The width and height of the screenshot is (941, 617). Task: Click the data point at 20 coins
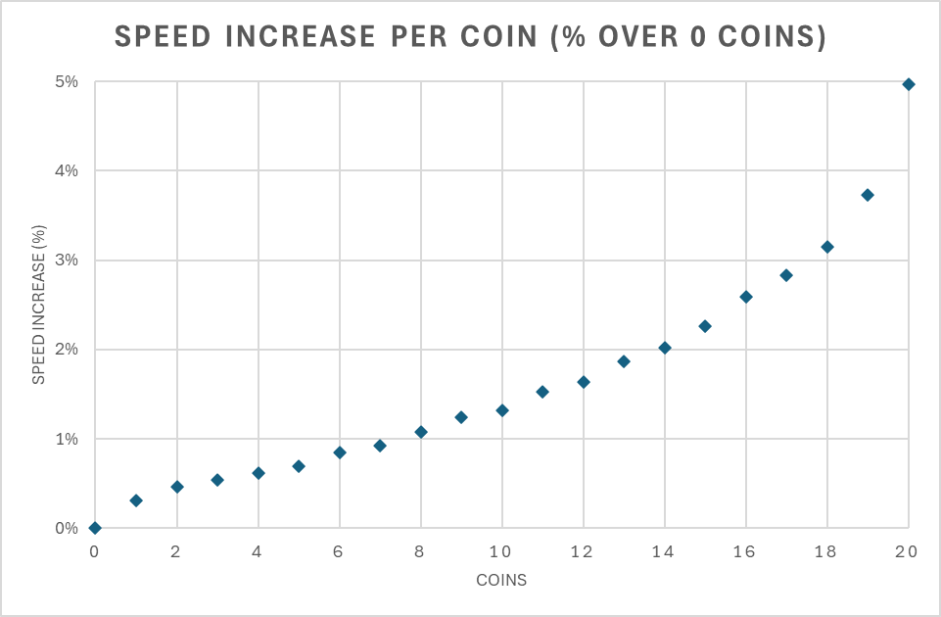tap(909, 84)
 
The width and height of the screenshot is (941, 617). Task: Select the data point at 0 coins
tap(95, 528)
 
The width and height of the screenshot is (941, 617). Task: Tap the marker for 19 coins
tap(868, 195)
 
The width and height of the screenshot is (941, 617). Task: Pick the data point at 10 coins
tap(502, 410)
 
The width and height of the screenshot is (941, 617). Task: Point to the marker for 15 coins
tap(705, 326)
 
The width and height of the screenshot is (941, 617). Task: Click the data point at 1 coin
tap(136, 500)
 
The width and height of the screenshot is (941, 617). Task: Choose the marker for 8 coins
tap(421, 432)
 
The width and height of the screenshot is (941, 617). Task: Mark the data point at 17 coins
tap(786, 275)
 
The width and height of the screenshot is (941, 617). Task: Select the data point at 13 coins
tap(624, 361)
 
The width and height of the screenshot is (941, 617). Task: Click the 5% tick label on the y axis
tap(67, 81)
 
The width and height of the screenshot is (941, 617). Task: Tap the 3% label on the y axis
tap(67, 261)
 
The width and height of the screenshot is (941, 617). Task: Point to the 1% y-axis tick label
tap(67, 439)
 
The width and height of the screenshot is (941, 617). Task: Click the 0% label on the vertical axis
tap(67, 528)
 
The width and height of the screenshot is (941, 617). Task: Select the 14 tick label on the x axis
tap(665, 552)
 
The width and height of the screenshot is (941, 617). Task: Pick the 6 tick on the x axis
tap(339, 552)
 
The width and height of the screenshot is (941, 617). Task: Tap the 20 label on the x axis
tap(908, 552)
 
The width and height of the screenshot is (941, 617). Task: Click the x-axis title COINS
tap(501, 580)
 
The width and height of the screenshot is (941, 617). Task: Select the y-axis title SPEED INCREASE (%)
tap(39, 305)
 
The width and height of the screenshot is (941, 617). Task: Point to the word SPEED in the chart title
tap(163, 37)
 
